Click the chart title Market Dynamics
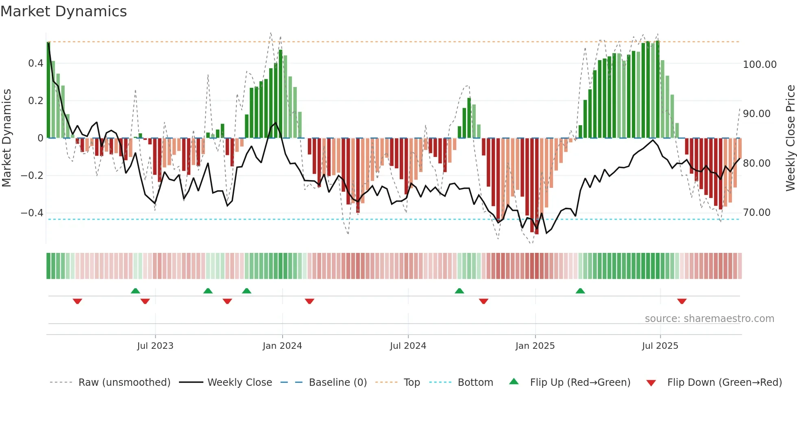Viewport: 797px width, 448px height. (63, 11)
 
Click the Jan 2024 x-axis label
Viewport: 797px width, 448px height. (282, 346)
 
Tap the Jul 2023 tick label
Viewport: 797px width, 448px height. (155, 346)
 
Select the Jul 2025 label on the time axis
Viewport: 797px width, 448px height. (660, 346)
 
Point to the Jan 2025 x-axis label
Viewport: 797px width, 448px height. (535, 346)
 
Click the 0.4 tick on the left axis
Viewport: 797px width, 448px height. (36, 63)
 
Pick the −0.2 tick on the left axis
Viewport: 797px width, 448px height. (32, 176)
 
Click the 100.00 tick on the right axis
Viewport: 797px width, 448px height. (759, 65)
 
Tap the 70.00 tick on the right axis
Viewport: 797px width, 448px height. (756, 213)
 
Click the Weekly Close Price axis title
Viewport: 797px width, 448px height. (790, 138)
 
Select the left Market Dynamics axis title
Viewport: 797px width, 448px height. (7, 138)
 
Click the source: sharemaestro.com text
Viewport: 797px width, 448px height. (709, 319)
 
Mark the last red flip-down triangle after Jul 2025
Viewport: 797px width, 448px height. (682, 301)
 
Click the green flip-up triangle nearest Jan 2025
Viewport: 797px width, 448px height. (580, 291)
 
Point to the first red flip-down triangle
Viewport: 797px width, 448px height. (77, 301)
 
